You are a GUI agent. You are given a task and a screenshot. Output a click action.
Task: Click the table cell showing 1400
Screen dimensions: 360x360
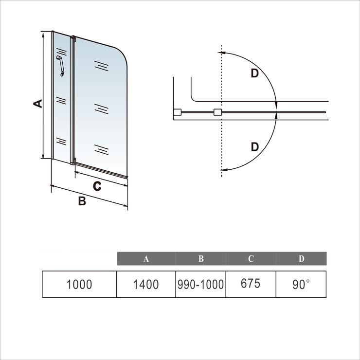(146, 284)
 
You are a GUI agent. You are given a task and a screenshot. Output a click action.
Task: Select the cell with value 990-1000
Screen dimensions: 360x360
(200, 284)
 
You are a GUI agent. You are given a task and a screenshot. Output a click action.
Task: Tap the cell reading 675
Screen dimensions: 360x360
(251, 284)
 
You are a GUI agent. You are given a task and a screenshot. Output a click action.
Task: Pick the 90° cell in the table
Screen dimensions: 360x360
(301, 284)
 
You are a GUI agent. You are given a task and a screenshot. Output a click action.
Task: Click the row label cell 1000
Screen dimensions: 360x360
(79, 284)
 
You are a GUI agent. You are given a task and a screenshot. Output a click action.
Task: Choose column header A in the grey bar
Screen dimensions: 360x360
(146, 259)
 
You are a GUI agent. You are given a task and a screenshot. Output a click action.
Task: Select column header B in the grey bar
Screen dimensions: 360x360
(201, 258)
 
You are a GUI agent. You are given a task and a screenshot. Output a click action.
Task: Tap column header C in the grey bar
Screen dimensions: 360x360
(251, 258)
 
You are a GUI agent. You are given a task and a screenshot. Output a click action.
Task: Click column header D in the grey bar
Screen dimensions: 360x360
(301, 258)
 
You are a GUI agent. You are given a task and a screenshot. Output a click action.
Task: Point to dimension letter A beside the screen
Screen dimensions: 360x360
(38, 104)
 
